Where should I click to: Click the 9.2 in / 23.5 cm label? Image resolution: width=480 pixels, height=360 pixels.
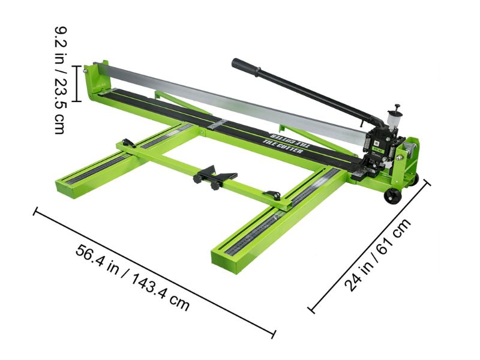pos(61,79)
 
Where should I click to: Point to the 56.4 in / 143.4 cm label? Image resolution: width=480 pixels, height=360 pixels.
pos(133,277)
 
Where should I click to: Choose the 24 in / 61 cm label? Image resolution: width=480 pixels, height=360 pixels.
pos(377,256)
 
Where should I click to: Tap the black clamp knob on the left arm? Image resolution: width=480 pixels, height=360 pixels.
pos(127,143)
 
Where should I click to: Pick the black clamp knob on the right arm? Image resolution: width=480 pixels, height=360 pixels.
pos(274,195)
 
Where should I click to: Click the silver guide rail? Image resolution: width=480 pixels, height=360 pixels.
pos(228,99)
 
